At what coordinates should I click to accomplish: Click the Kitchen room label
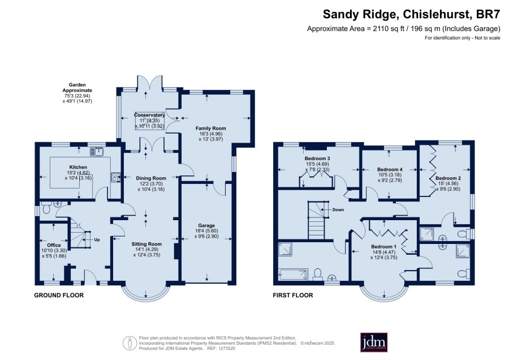pos(78,168)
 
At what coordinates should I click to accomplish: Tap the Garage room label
pos(206,225)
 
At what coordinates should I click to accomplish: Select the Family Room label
pos(211,128)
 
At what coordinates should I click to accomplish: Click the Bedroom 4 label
pos(390,170)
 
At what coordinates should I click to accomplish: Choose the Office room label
pos(54,245)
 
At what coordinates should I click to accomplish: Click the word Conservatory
pos(149,115)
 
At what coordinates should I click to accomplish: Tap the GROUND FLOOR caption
pos(59,295)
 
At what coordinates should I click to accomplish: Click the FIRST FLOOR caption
pos(293,295)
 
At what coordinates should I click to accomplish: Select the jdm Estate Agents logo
pos(374,342)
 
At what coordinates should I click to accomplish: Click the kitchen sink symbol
pos(97,151)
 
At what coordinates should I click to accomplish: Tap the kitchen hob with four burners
pos(116,177)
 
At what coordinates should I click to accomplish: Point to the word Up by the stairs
pos(97,240)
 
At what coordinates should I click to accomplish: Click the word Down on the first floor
pos(338,210)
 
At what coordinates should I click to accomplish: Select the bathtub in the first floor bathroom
pos(293,275)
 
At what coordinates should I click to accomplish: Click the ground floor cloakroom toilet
pos(45,208)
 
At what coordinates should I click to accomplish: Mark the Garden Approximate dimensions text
pos(77,93)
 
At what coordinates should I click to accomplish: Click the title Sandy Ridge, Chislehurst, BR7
pos(411,14)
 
